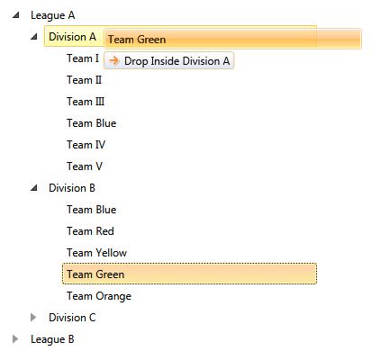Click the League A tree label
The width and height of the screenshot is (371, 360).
click(53, 15)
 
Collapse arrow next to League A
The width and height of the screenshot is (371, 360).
click(15, 15)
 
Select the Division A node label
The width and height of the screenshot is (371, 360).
click(72, 37)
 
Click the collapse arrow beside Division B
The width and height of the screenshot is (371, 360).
click(33, 188)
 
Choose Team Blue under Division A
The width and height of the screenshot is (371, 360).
click(91, 123)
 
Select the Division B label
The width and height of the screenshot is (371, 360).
click(72, 188)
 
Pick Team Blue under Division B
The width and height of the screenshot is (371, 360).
click(91, 210)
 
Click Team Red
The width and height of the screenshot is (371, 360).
click(90, 231)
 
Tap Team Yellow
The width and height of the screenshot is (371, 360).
click(96, 253)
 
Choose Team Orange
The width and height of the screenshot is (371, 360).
click(98, 296)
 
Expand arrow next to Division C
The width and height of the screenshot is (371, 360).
click(33, 318)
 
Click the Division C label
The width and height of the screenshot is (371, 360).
click(72, 318)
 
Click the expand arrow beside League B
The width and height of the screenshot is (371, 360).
click(15, 339)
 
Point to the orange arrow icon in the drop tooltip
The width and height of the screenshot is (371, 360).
click(114, 60)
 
